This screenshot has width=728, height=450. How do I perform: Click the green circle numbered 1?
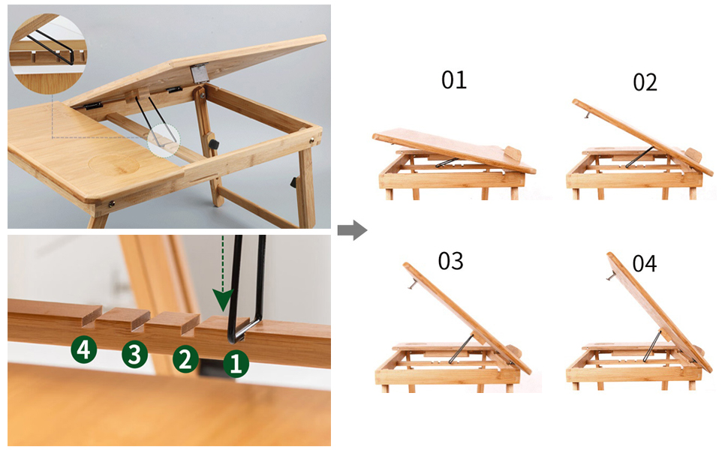pos(236,364)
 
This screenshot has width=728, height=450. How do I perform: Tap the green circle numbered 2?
pos(185,359)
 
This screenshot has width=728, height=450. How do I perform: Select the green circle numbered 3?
pos(134,354)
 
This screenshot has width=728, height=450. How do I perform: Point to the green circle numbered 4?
pos(84,349)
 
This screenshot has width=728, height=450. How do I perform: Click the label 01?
pos(453,80)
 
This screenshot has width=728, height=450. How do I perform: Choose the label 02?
pos(645,82)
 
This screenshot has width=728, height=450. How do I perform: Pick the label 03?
pos(450,261)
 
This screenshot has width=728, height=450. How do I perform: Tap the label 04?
pos(644,263)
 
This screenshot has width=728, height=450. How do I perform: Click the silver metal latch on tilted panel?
pos(199,73)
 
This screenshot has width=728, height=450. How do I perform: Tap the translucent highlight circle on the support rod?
pos(164,139)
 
